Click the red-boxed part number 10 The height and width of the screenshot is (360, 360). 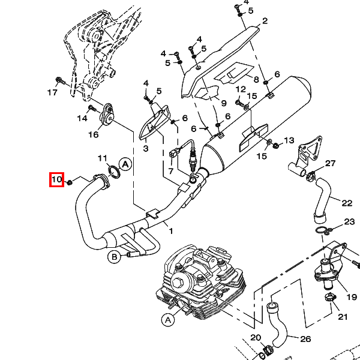tap(56, 179)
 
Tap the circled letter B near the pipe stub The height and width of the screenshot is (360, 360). tap(114, 257)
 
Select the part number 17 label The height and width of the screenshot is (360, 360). tap(52, 92)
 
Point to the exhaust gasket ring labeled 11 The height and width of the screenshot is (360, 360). tap(114, 172)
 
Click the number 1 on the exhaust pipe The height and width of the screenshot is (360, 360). tap(170, 231)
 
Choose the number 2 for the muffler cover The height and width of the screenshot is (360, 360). tap(265, 21)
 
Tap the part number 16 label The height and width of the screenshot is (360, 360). tap(94, 134)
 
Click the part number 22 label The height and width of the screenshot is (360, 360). tap(347, 203)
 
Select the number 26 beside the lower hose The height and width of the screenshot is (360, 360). tap(305, 339)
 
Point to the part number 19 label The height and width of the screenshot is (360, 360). tap(352, 297)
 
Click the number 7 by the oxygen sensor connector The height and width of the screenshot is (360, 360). tap(170, 171)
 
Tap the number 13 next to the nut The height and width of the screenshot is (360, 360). tap(289, 140)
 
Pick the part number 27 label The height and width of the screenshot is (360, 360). tap(330, 163)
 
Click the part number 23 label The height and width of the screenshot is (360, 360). tap(349, 222)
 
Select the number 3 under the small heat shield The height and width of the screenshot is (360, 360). tap(146, 149)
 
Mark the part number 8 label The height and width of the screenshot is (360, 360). tap(256, 79)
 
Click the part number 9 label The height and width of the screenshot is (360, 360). tap(224, 103)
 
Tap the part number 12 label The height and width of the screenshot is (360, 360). tap(241, 89)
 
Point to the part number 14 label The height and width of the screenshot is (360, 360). tap(82, 118)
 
